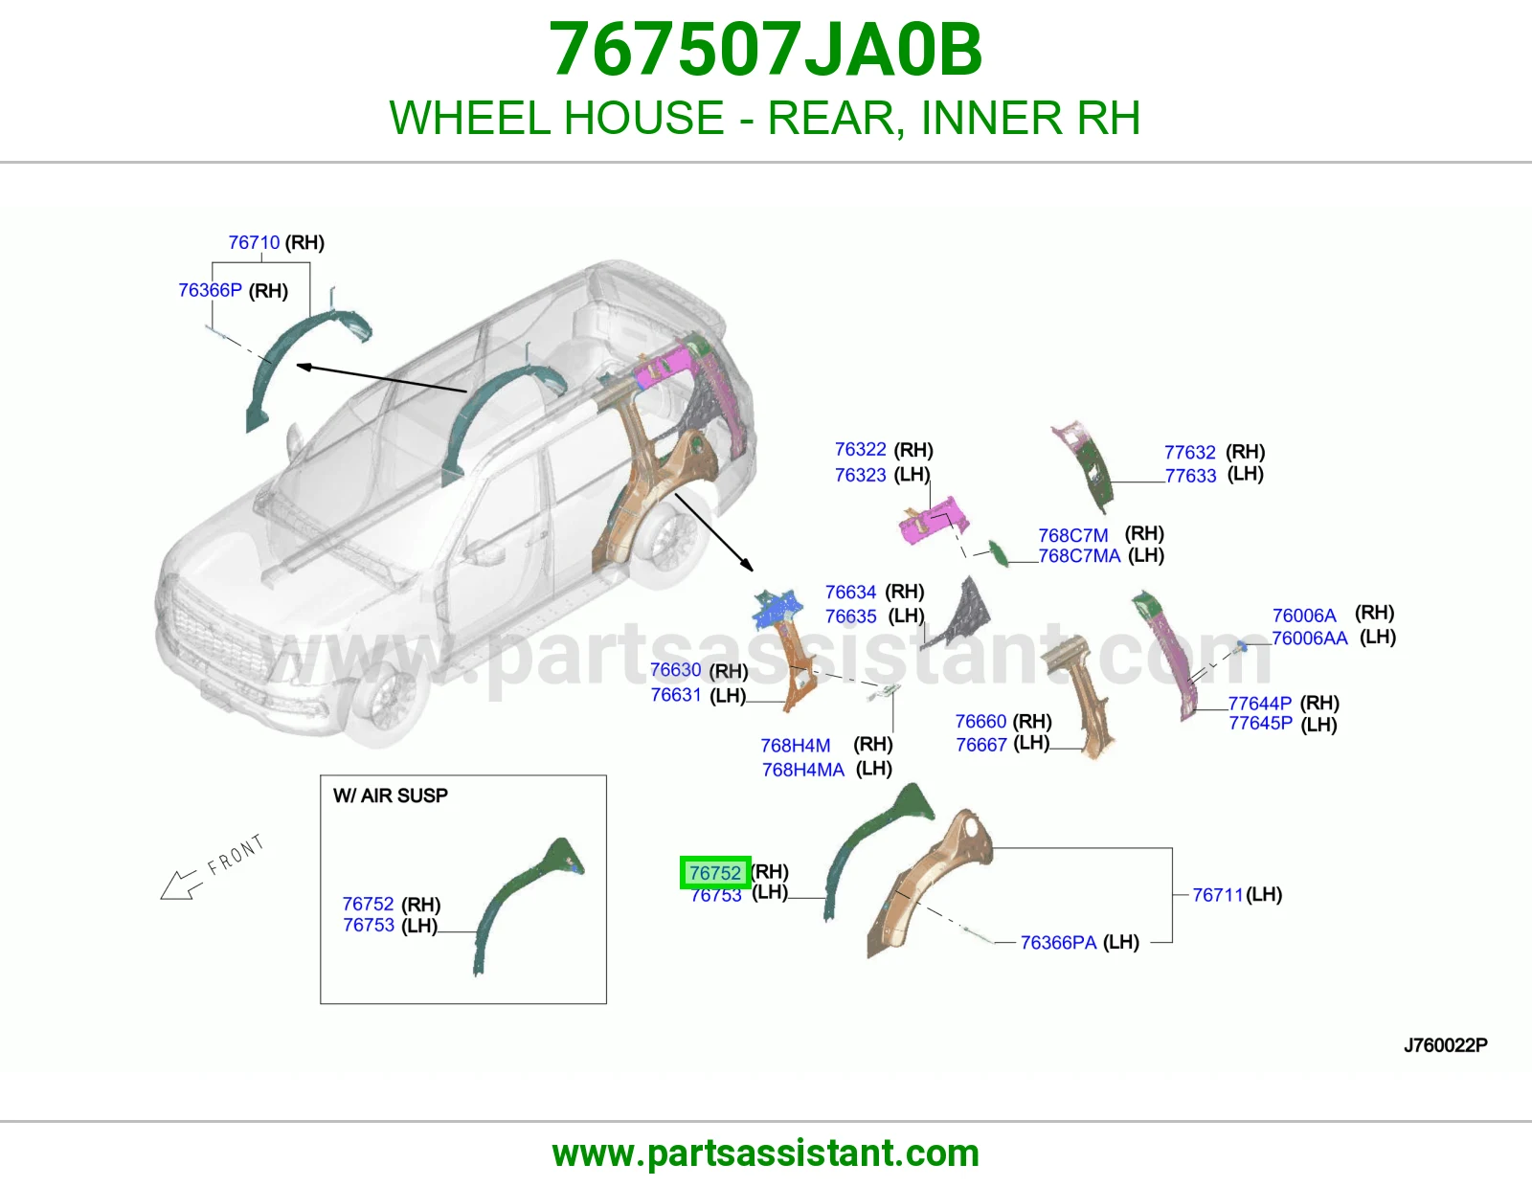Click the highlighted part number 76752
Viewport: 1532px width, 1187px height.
pos(715,873)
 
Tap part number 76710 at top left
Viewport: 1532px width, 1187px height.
pos(254,242)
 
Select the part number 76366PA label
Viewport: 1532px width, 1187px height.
pos(1058,942)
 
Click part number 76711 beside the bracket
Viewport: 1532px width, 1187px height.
pos(1218,894)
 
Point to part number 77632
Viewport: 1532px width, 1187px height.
pos(1190,452)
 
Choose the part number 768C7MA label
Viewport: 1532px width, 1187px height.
pos(1079,556)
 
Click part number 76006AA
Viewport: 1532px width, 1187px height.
pos(1310,638)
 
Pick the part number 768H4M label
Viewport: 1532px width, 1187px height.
pos(796,745)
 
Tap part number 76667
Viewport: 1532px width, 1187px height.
pos(981,745)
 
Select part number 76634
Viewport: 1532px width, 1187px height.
pos(851,593)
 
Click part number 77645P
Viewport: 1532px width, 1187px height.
pos(1261,723)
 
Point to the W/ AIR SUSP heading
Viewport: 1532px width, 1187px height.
pos(391,795)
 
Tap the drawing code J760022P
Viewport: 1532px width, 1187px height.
pos(1445,1045)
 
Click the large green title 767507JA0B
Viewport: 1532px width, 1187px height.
pos(766,50)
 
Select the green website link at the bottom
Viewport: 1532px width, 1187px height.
pos(766,1153)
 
